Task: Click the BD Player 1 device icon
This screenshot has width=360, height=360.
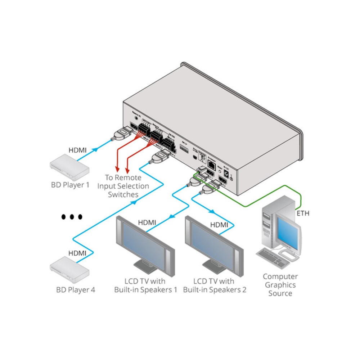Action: (69, 167)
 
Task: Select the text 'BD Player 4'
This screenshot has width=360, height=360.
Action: (76, 289)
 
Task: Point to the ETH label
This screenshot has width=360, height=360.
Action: (303, 213)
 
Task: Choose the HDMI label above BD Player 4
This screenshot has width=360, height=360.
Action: (77, 253)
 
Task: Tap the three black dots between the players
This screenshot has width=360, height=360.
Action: (72, 217)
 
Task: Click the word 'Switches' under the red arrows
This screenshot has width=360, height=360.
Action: (123, 194)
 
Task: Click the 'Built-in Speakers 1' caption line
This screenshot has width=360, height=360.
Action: (145, 290)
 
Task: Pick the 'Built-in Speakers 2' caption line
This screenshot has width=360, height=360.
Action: (215, 290)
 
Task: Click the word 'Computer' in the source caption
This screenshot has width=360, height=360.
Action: (280, 276)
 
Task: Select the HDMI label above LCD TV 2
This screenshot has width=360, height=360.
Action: (219, 225)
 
